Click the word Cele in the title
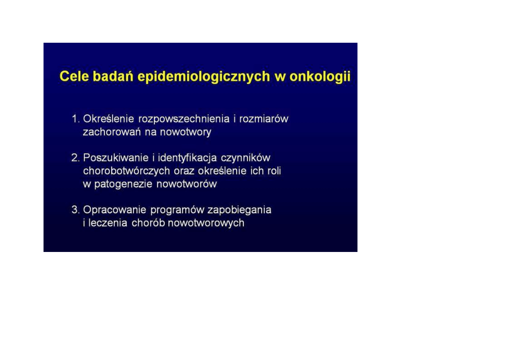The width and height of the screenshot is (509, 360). [x=74, y=76]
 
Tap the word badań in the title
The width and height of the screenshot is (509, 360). [x=113, y=76]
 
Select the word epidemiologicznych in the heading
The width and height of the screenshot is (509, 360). [x=204, y=77]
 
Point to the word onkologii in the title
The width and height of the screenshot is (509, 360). [x=320, y=77]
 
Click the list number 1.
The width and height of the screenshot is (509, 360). [x=76, y=119]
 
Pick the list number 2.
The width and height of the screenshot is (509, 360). [x=76, y=158]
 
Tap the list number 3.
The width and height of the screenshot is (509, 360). [x=76, y=210]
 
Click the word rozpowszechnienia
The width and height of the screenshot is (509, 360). [x=184, y=119]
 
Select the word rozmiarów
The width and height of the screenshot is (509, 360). [x=264, y=119]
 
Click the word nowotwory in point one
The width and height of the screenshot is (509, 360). [x=185, y=133]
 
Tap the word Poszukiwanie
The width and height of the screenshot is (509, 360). [x=116, y=158]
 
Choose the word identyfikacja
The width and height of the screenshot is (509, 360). [x=187, y=158]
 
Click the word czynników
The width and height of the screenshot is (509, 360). [x=245, y=158]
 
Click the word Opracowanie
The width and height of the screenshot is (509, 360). [x=114, y=210]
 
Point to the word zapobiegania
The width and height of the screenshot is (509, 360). [x=239, y=210]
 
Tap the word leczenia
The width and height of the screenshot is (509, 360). [x=108, y=223]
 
